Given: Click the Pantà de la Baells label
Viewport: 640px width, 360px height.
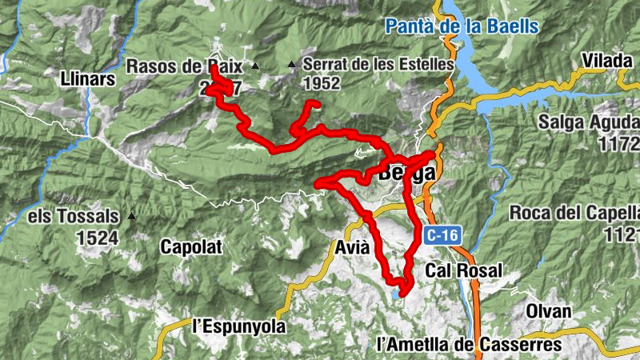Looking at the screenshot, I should tap(462, 26).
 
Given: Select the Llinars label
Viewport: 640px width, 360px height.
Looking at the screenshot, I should tap(88, 78).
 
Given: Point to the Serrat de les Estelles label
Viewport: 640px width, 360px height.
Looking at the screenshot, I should tap(378, 63).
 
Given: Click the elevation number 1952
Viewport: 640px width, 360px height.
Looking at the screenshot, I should tap(322, 83).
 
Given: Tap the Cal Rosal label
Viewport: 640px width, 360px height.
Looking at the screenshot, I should tap(464, 270).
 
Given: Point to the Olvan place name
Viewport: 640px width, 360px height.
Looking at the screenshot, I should tap(549, 311).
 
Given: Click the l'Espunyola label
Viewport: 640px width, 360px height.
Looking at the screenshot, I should tap(239, 327).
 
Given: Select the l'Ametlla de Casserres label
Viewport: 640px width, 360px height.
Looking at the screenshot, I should tap(469, 345).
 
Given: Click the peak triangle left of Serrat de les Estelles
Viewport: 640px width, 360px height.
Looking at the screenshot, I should tap(292, 65).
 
